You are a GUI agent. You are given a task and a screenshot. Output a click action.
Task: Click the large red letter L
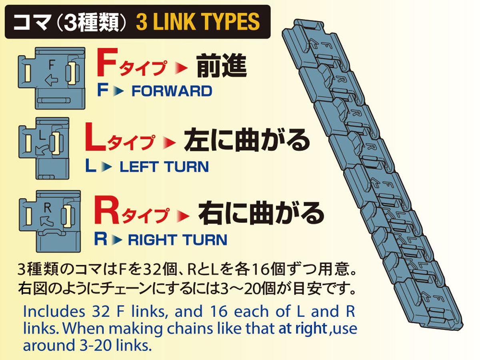point(95,138)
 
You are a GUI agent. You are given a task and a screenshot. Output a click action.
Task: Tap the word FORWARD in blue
point(172,91)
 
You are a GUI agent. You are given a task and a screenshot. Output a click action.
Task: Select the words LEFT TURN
point(164,166)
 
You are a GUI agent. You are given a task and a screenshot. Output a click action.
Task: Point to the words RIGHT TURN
point(177,240)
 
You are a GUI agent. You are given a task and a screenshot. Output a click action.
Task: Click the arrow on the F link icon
point(52,81)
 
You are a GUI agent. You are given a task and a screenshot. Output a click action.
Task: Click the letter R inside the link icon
point(48,208)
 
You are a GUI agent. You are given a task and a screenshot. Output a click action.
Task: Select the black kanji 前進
point(221,68)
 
